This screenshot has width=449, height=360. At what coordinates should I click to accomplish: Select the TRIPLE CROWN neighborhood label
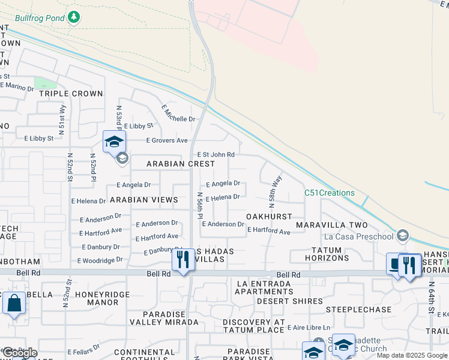tap(71, 94)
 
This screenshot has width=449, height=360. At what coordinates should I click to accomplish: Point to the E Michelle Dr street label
tap(179, 113)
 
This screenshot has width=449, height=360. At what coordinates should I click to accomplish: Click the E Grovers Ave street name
tap(167, 140)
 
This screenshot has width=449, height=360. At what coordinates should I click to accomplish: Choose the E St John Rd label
tap(215, 155)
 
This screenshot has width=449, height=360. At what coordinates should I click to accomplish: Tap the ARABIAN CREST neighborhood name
tap(181, 164)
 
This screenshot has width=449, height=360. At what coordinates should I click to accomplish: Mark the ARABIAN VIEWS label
tap(143, 200)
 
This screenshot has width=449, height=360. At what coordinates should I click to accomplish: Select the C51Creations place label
tap(329, 193)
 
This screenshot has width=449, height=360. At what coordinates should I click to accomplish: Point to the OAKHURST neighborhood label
tap(269, 216)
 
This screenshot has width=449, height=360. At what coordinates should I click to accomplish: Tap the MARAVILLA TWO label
tap(337, 225)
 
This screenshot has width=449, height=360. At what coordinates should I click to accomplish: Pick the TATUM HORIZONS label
tap(330, 254)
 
